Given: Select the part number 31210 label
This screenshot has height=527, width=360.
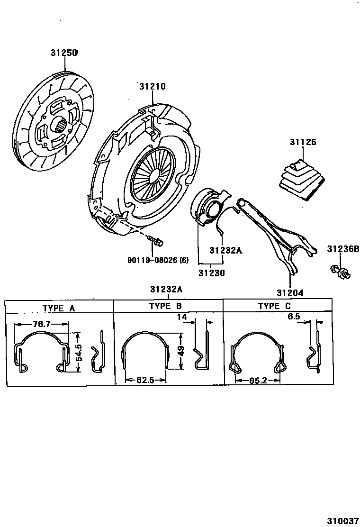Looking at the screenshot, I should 153,87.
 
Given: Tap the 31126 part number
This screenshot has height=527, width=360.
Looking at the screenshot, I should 303,142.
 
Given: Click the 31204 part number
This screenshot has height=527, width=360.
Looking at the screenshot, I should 290,293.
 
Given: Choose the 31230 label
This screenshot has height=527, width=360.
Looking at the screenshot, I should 211,273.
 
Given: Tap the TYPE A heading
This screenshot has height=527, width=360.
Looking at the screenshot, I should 59,308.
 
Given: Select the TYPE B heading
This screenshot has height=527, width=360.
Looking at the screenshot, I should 165,306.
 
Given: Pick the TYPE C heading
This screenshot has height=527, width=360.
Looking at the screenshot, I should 274,306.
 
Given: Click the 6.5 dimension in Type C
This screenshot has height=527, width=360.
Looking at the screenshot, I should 294,317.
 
